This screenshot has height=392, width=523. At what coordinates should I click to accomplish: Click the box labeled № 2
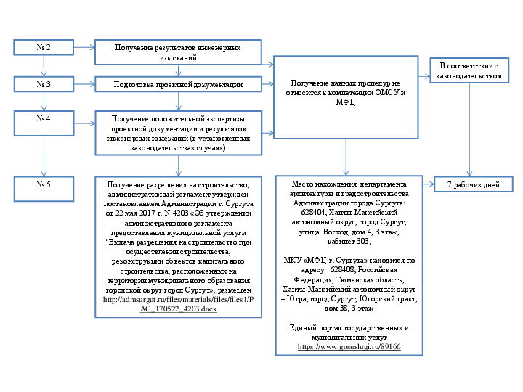tap(44, 48)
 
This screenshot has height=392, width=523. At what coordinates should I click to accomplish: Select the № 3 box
tap(44, 84)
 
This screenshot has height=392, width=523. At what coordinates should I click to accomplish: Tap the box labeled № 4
tap(44, 118)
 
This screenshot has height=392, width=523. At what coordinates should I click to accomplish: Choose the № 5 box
tap(44, 184)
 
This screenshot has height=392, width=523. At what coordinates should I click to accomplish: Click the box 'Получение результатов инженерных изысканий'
tap(178, 52)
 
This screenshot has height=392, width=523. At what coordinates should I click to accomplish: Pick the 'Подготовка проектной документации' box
tap(178, 85)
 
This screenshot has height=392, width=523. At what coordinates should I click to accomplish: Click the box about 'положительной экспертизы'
tap(178, 133)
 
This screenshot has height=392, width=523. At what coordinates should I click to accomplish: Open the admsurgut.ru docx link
tap(178, 304)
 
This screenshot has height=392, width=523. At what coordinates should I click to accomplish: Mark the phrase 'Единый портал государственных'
tap(345, 329)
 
